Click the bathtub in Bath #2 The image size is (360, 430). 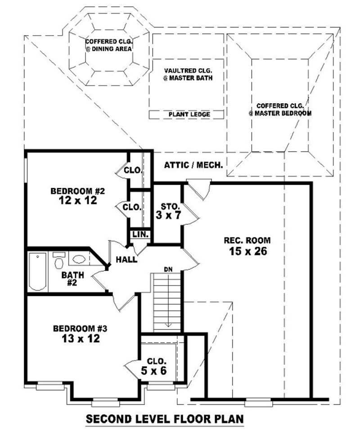[37, 271]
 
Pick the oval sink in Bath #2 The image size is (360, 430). [79, 259]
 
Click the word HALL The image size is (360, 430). [126, 259]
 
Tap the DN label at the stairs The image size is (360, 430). [168, 269]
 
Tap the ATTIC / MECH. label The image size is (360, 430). [193, 165]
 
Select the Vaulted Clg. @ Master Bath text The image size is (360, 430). [188, 74]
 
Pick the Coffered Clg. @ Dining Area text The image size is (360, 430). [108, 45]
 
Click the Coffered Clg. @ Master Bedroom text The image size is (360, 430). [279, 109]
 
